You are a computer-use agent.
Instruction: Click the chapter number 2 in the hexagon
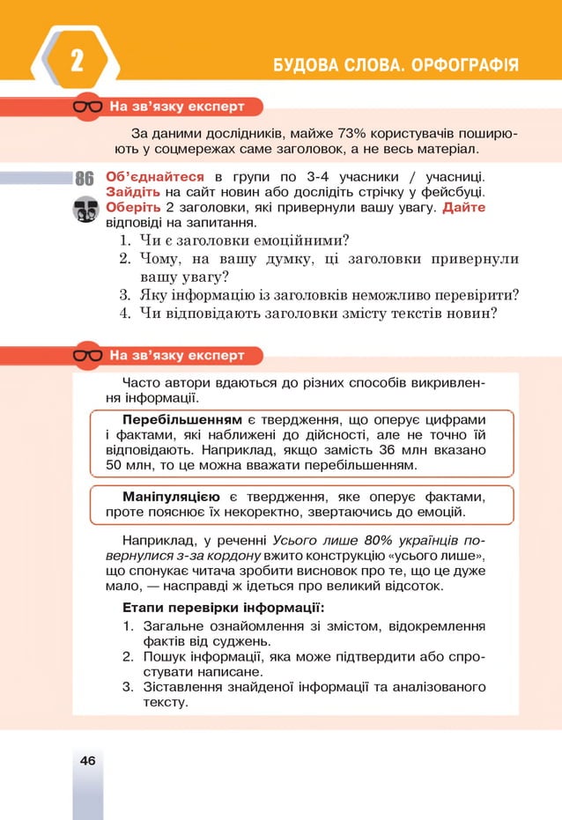pyautogui.click(x=77, y=63)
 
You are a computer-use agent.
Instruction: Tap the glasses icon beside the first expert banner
pyautogui.click(x=87, y=107)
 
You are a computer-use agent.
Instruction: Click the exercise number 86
pyautogui.click(x=85, y=178)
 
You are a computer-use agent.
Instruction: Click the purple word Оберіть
pyautogui.click(x=133, y=208)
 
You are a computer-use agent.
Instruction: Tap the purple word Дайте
pyautogui.click(x=463, y=208)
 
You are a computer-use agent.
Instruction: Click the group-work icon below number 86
pyautogui.click(x=85, y=210)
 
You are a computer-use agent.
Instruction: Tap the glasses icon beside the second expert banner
pyautogui.click(x=87, y=356)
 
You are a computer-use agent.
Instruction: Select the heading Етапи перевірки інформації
pyautogui.click(x=222, y=608)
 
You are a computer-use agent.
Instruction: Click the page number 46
pyautogui.click(x=87, y=759)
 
